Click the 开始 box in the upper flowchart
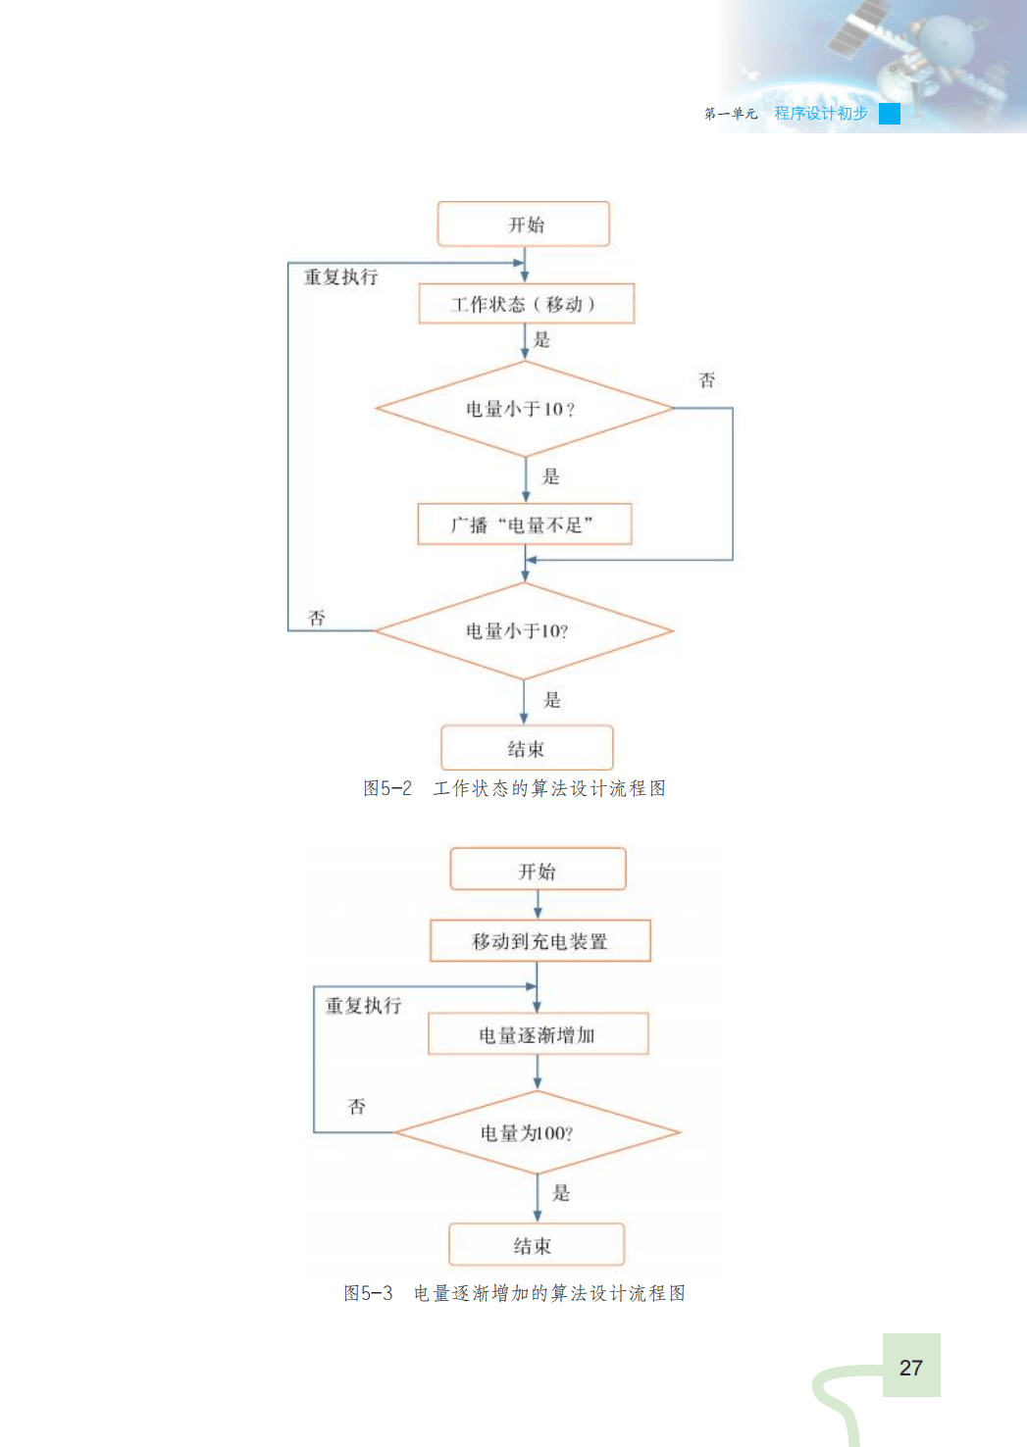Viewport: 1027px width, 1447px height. (x=524, y=225)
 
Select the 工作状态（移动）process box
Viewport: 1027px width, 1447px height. (x=526, y=304)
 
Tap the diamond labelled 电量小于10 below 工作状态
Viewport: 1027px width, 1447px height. (x=524, y=409)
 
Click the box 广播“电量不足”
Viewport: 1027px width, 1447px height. (x=525, y=524)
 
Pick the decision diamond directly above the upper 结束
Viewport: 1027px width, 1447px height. (x=524, y=630)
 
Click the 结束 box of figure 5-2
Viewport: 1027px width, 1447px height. (x=527, y=749)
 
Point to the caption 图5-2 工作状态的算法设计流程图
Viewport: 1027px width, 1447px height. (x=514, y=788)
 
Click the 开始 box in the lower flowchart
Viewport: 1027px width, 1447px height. (x=538, y=871)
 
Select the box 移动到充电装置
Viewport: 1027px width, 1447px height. (x=540, y=941)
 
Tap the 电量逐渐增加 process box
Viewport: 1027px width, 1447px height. (x=538, y=1034)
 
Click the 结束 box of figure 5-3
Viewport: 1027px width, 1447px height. (x=536, y=1245)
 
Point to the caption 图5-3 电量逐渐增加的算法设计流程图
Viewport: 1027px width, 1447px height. (x=514, y=1293)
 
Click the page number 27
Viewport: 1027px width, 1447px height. (x=911, y=1367)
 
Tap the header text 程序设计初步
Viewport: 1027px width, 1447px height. (x=820, y=114)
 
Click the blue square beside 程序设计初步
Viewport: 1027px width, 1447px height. (x=890, y=114)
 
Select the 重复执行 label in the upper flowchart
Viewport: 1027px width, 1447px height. (x=340, y=277)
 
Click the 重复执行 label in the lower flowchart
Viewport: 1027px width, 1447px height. (x=363, y=1006)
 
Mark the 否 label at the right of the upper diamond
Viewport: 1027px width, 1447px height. (x=706, y=380)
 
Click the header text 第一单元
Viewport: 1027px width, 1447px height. (x=731, y=114)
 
